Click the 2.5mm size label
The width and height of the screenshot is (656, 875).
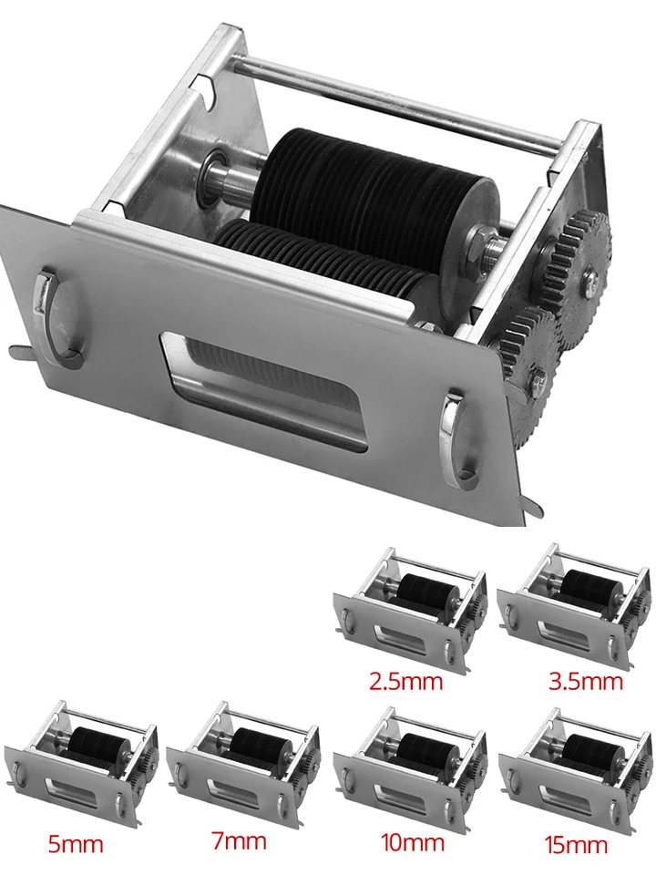(406, 681)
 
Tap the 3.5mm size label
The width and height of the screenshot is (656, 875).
(586, 681)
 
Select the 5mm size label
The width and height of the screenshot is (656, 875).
(76, 844)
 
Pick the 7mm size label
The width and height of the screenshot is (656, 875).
(239, 841)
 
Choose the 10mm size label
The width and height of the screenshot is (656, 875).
(412, 842)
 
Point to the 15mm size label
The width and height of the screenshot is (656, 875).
(576, 845)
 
